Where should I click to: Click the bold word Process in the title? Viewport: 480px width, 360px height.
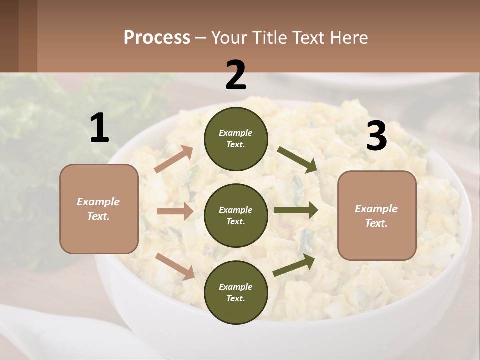click(157, 37)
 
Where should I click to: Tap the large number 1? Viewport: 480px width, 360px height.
click(99, 128)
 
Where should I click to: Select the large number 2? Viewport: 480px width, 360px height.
click(236, 75)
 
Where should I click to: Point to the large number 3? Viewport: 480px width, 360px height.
click(376, 136)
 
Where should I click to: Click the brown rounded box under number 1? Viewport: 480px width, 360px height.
click(99, 209)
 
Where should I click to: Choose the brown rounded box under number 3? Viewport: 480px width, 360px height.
click(377, 215)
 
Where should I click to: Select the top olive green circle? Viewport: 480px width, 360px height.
click(236, 138)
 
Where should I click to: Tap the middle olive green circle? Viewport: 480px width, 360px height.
click(236, 215)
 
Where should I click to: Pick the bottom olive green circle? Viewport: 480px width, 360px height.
click(236, 292)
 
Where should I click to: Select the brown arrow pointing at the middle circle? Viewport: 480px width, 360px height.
click(175, 211)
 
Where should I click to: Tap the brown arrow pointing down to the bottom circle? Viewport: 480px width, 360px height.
click(175, 266)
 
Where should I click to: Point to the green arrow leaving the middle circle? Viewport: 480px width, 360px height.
click(296, 210)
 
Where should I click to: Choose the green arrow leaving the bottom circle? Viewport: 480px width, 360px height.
click(294, 265)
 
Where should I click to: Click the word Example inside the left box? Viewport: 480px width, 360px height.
click(98, 202)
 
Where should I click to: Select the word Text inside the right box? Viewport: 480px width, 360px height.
click(376, 223)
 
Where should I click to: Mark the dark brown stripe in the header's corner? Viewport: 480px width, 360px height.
click(28, 36)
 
